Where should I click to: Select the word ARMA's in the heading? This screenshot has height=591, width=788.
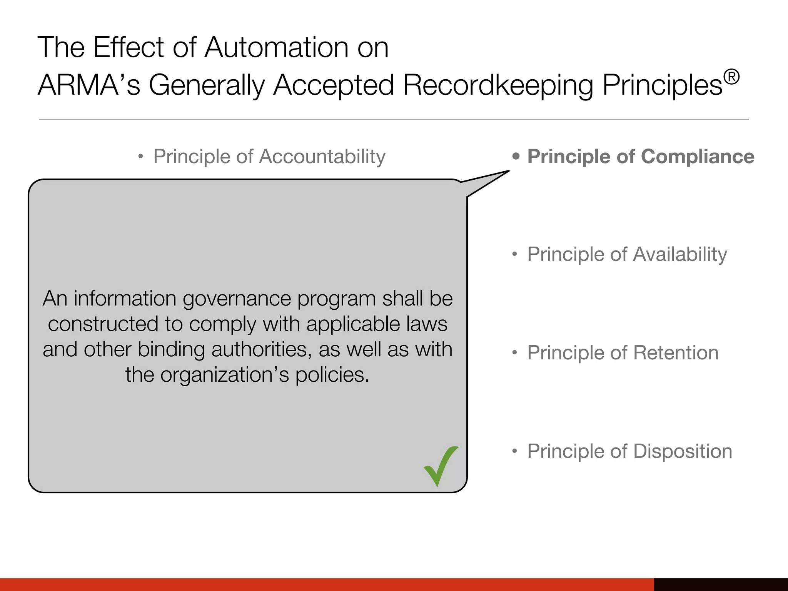(89, 85)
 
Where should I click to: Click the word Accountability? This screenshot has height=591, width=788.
(322, 157)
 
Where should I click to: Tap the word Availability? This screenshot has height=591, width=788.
(680, 255)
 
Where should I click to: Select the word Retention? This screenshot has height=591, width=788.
(676, 353)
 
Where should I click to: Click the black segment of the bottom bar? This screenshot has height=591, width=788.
(721, 584)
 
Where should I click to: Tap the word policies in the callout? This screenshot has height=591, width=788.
(332, 375)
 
